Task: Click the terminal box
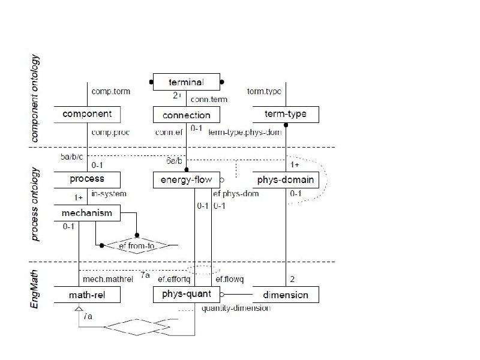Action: coord(187,82)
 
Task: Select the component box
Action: coord(87,114)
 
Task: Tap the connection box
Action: coord(187,115)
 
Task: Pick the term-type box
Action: coord(285,114)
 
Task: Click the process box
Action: coord(87,179)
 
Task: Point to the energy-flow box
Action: coord(187,179)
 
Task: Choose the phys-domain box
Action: coord(285,179)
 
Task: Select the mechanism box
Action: coord(87,212)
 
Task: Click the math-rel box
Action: coord(87,295)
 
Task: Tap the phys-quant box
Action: coord(187,294)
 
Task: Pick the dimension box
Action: coord(285,295)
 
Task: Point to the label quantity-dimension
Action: coord(236,308)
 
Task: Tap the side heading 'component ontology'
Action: coord(35,99)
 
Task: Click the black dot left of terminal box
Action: coord(151,82)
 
